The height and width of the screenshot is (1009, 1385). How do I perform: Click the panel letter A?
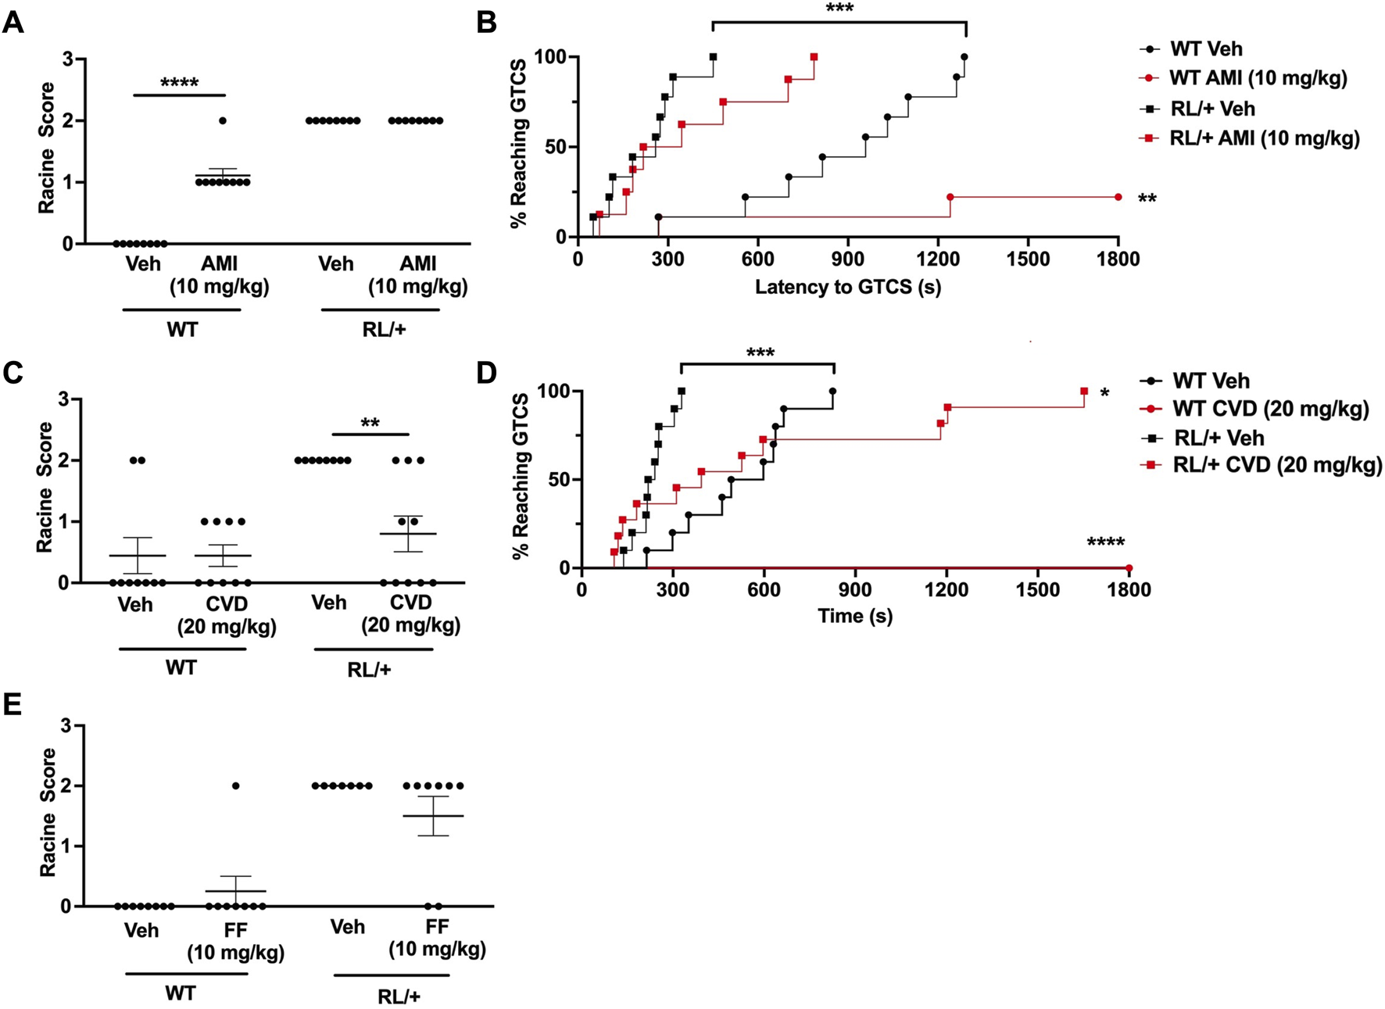[x=13, y=23]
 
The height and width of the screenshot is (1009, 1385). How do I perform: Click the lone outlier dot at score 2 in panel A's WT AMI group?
[x=223, y=120]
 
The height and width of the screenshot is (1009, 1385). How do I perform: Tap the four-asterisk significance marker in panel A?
[x=179, y=83]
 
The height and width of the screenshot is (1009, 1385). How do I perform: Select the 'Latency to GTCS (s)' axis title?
[x=847, y=287]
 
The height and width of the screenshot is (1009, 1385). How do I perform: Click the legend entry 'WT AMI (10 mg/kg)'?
[x=1258, y=78]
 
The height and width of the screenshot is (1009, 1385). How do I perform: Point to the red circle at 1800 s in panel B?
[x=1118, y=197]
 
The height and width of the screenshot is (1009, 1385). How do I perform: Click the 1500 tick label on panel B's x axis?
[x=1027, y=259]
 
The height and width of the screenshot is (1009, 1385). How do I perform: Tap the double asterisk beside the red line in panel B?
[x=1147, y=199]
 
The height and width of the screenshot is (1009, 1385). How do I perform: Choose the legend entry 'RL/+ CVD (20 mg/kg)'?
[x=1277, y=466]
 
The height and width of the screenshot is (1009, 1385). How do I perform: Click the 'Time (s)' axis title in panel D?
[x=855, y=616]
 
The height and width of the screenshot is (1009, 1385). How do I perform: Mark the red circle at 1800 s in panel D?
[x=1129, y=568]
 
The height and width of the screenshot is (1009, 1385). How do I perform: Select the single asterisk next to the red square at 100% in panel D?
[x=1104, y=393]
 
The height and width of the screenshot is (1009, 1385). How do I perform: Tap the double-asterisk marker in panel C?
[x=370, y=424]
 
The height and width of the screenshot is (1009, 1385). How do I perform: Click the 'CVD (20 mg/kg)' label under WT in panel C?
[x=227, y=615]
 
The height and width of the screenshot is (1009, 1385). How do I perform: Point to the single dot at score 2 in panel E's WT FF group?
[x=236, y=785]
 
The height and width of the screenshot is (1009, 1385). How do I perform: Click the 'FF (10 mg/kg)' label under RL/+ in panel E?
[x=437, y=938]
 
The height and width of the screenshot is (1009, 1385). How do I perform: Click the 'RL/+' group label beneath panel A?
[x=384, y=329]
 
